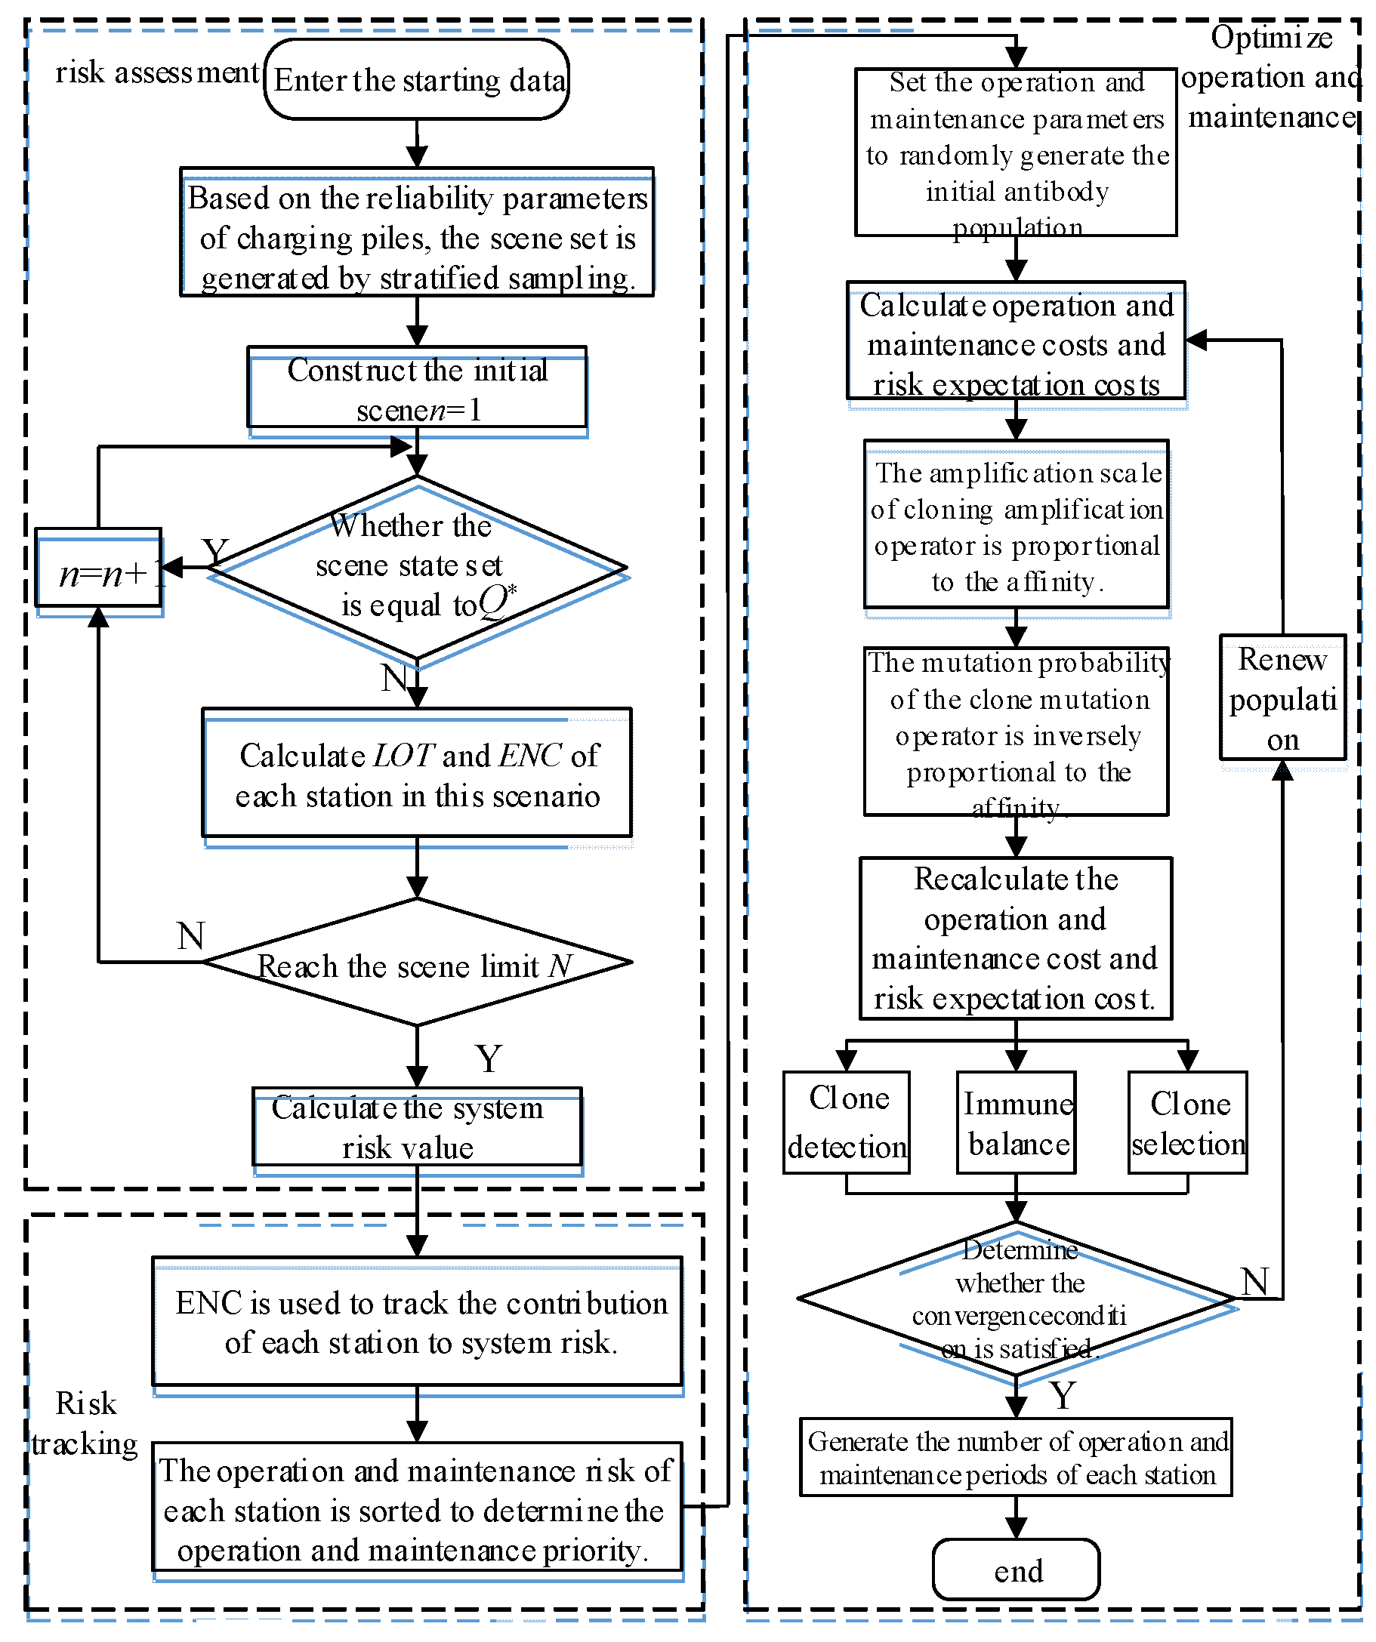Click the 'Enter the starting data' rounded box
[417, 80]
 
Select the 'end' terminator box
[1017, 1570]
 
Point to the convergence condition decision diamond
[1017, 1299]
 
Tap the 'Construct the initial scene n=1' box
[417, 388]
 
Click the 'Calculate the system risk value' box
[417, 1128]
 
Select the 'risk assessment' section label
[156, 72]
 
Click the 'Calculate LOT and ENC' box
[417, 774]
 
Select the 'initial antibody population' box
[1017, 152]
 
